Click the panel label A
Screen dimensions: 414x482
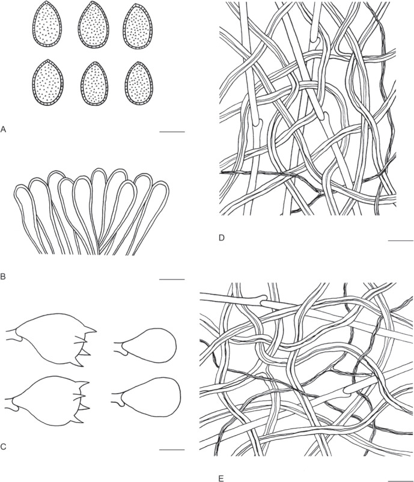[4, 129]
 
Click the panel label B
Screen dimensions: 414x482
[3, 276]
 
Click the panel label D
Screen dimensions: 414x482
[222, 237]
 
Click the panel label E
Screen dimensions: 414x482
[221, 478]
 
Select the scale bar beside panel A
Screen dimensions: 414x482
[172, 132]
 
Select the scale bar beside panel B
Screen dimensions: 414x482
[172, 279]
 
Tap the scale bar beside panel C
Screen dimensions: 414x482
[172, 450]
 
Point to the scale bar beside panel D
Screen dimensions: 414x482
[401, 240]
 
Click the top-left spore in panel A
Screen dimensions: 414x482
[47, 24]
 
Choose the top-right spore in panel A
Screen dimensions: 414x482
[138, 26]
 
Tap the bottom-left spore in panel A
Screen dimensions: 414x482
[47, 82]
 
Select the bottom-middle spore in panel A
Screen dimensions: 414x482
[94, 84]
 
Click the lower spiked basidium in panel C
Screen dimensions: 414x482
[49, 400]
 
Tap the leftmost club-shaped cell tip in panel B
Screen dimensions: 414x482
[22, 192]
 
